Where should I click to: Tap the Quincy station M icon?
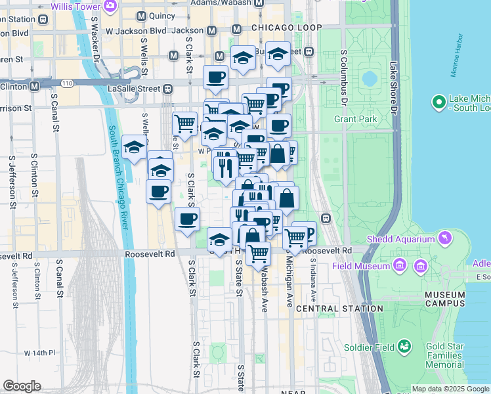pyautogui.click(x=140, y=16)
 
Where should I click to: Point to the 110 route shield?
pyautogui.click(x=68, y=83)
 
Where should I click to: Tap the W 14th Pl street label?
pyautogui.click(x=39, y=353)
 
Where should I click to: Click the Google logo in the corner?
pyautogui.click(x=22, y=386)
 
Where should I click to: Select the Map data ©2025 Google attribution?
pyautogui.click(x=450, y=389)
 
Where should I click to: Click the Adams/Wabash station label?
pyautogui.click(x=221, y=3)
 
